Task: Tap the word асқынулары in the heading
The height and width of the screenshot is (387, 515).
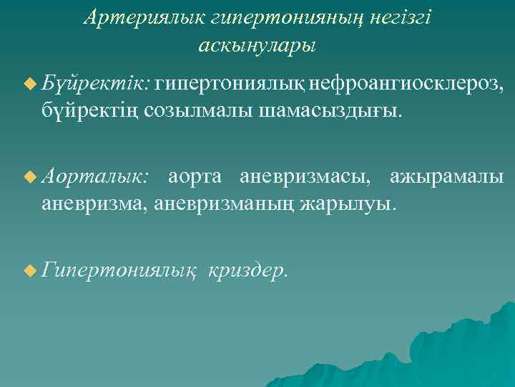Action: click(x=257, y=45)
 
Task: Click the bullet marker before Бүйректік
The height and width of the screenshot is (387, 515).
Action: click(x=29, y=85)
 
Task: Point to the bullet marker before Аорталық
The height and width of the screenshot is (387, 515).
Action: click(x=29, y=176)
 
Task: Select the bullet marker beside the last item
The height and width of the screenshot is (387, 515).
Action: click(x=29, y=269)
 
